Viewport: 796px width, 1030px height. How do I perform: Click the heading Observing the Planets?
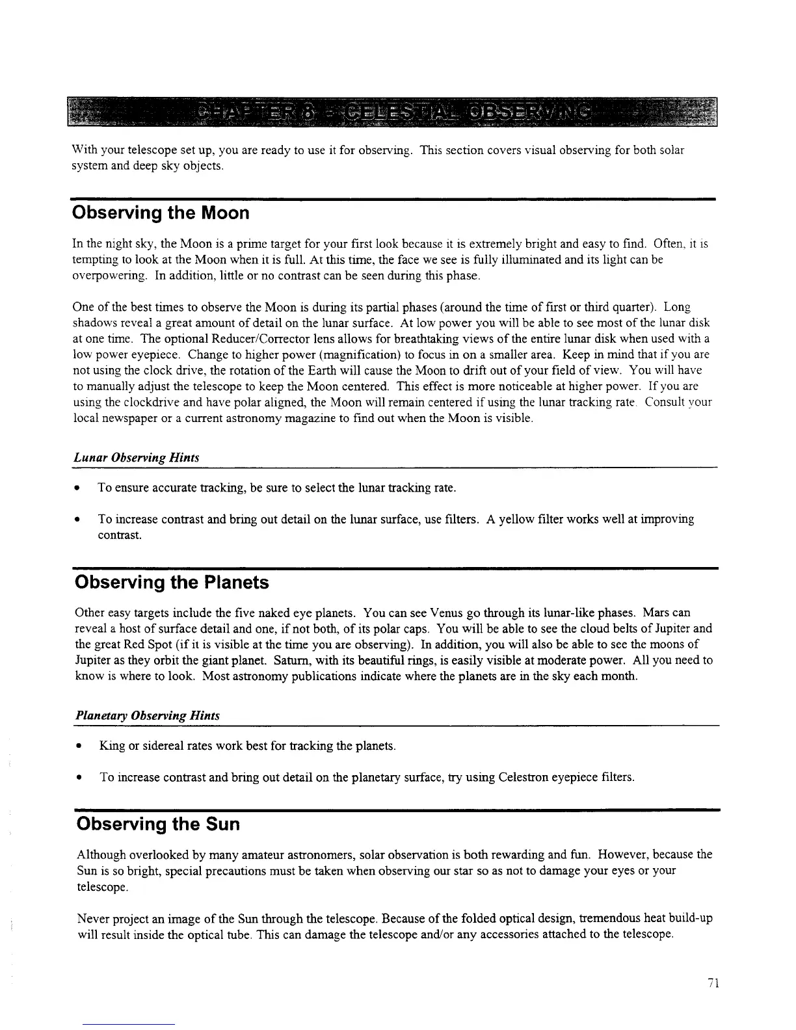point(172,582)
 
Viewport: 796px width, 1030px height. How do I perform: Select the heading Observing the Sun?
point(158,824)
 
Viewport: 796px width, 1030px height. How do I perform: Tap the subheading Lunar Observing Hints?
point(136,458)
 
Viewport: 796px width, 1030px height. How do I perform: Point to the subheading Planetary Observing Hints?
point(148,715)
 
